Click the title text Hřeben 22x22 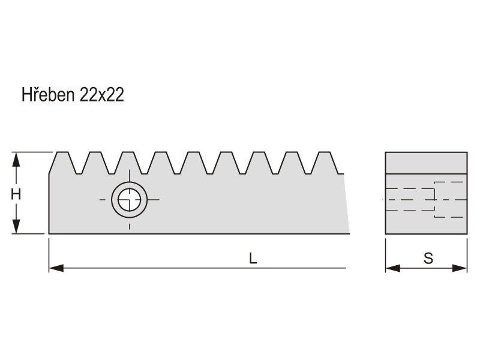pyautogui.click(x=73, y=95)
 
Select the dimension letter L pyautogui.click(x=253, y=259)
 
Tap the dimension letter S pyautogui.click(x=428, y=259)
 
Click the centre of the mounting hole pyautogui.click(x=129, y=199)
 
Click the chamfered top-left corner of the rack pyautogui.click(x=52, y=164)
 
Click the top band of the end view pyautogui.click(x=426, y=163)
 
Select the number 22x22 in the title pyautogui.click(x=101, y=95)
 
